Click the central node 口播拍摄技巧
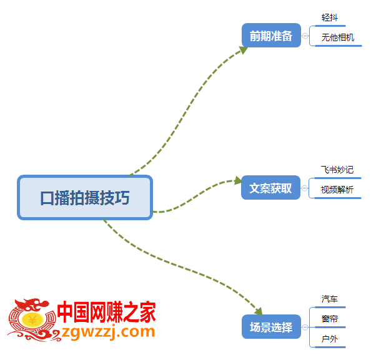(x=85, y=198)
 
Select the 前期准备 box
(x=271, y=35)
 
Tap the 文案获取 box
(x=270, y=188)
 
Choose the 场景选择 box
(x=271, y=327)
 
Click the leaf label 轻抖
(x=330, y=17)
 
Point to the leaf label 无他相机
(x=338, y=37)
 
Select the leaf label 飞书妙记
(x=337, y=170)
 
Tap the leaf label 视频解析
(x=337, y=190)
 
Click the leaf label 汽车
(x=330, y=299)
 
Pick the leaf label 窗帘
(x=330, y=319)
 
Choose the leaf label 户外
(x=330, y=339)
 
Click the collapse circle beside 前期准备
(x=305, y=36)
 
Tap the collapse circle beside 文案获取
(x=305, y=188)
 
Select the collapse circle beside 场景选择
(x=305, y=327)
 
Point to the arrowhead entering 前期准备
(x=244, y=50)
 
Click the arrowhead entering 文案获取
(x=239, y=181)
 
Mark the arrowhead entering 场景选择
(x=259, y=312)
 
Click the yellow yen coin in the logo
(x=32, y=320)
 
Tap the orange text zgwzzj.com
(x=108, y=332)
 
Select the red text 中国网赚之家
(x=106, y=312)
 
